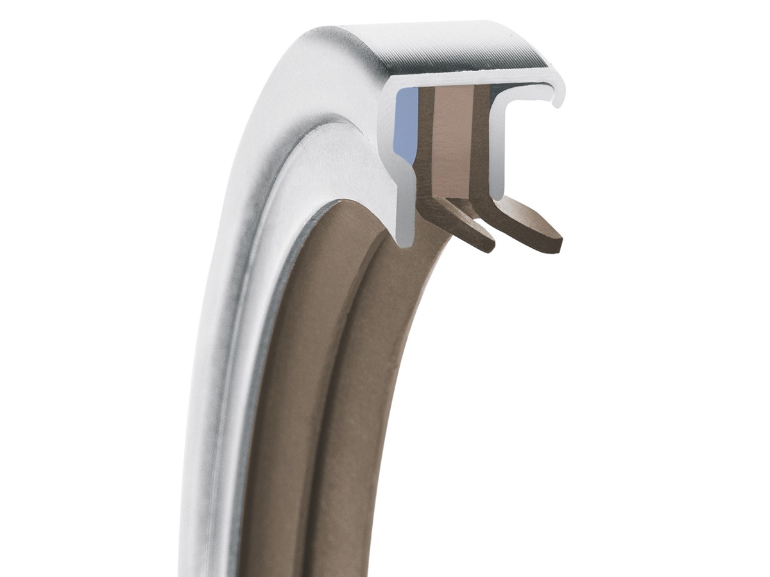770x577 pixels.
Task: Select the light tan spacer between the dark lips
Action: [454, 141]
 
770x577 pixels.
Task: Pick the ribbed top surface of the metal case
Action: [449, 48]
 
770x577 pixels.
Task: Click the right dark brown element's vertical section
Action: [481, 141]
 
